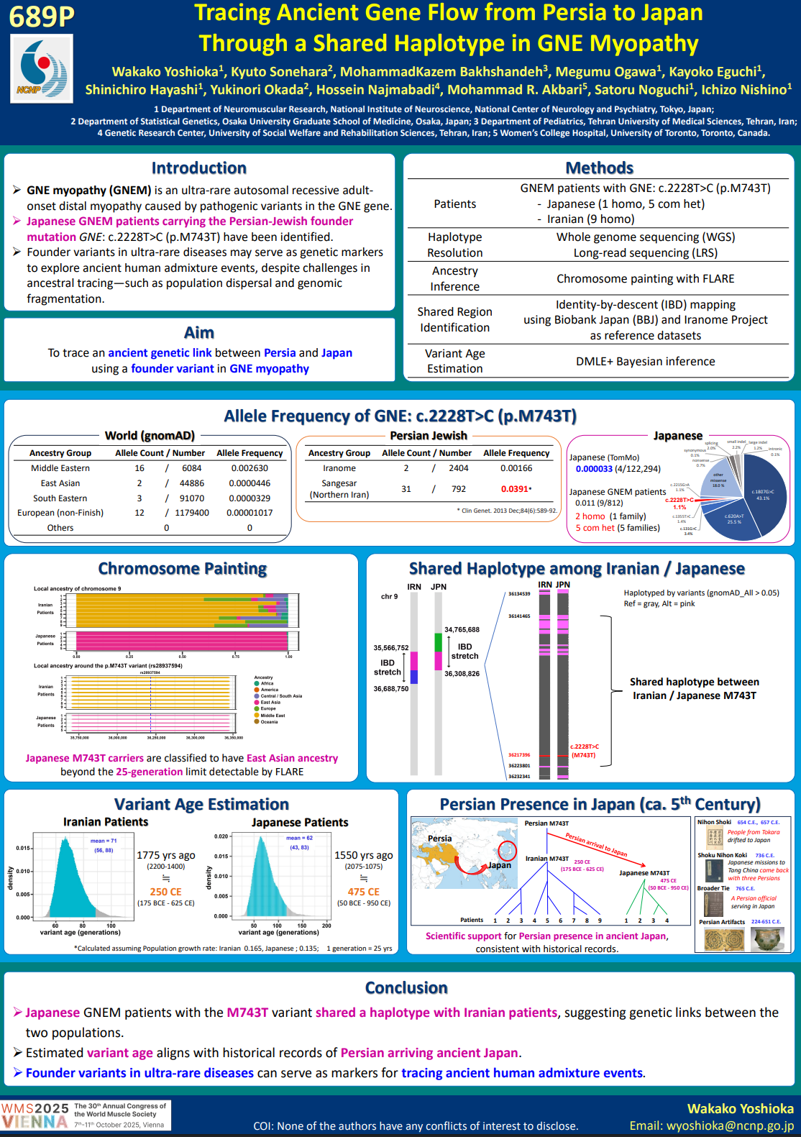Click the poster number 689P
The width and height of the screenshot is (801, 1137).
42,16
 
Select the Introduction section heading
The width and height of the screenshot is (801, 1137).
198,168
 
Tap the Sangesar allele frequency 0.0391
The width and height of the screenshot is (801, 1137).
515,489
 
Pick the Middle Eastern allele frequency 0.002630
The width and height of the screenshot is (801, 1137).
250,468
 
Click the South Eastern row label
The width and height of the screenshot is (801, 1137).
60,498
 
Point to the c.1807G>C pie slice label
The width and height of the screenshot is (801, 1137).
763,495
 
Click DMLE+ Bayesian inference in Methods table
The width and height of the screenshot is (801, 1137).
645,362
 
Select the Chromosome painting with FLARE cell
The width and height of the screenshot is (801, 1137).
645,279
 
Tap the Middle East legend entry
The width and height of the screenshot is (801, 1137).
273,716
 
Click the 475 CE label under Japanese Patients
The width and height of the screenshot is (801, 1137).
363,892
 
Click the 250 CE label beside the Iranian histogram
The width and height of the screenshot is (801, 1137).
165,892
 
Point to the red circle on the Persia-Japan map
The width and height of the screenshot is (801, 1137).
508,851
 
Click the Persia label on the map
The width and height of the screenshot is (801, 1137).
439,839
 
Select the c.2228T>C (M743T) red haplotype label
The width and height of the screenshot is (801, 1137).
585,751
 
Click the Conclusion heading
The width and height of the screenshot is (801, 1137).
406,988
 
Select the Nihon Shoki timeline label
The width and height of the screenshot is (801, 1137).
714,822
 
